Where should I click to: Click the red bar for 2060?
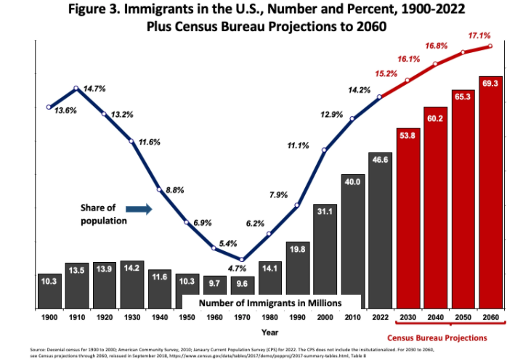(x=491, y=192)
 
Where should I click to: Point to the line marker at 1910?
(x=76, y=89)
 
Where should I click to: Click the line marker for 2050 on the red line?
(x=463, y=52)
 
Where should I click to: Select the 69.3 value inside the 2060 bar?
(x=491, y=83)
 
